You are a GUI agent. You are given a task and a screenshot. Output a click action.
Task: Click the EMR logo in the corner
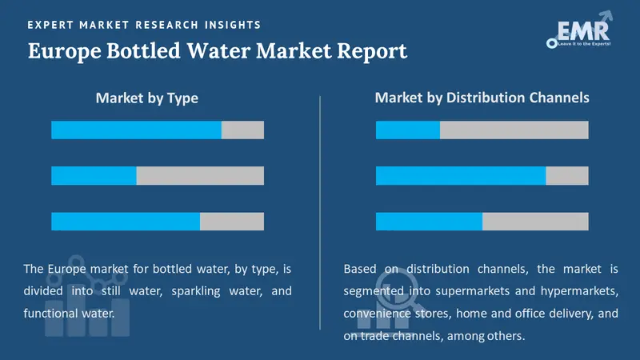[x=577, y=31]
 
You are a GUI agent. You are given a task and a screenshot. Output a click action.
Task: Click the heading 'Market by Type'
[x=146, y=98]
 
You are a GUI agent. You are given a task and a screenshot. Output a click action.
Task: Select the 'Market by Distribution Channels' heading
[x=482, y=98]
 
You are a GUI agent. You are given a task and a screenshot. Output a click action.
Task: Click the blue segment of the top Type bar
[x=136, y=130]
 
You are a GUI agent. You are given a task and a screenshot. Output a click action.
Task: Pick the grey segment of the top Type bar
[x=242, y=130]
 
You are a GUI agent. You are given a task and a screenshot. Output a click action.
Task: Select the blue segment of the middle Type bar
[x=94, y=176]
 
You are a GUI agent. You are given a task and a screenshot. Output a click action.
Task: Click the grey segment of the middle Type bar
[x=200, y=176]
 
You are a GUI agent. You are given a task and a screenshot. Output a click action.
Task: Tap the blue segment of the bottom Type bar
[x=126, y=222]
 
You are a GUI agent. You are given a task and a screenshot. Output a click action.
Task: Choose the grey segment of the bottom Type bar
[x=232, y=222]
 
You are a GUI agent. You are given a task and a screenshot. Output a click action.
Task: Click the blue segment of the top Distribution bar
[x=408, y=130]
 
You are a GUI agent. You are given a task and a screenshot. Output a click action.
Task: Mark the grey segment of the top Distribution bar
[x=514, y=130]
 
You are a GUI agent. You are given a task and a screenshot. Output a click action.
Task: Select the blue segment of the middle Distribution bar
[x=461, y=176]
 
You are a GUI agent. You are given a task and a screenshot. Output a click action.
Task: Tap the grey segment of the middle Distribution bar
[x=567, y=176]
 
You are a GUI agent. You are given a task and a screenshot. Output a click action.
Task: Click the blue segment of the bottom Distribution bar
[x=429, y=222]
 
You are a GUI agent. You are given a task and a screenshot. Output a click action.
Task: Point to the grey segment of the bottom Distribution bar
[x=535, y=222]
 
